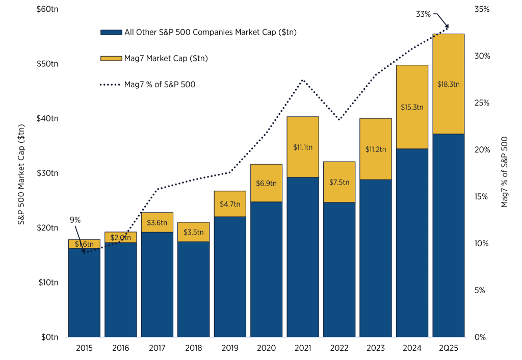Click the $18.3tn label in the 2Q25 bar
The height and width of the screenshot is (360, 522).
click(x=449, y=84)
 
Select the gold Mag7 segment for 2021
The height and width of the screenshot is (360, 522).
click(x=303, y=147)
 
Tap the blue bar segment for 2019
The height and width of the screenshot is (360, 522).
click(x=230, y=276)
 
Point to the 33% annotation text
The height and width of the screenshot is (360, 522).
click(x=423, y=14)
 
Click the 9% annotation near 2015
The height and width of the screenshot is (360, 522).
click(x=75, y=220)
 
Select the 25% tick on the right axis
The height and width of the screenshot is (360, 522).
click(x=482, y=103)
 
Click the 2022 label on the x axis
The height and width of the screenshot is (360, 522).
click(x=339, y=348)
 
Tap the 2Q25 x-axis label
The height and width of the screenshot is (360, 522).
click(x=449, y=348)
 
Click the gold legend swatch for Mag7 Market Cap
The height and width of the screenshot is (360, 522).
click(x=111, y=59)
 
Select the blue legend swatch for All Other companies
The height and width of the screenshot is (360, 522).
click(x=111, y=32)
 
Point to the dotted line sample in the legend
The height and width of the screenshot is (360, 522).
click(x=111, y=85)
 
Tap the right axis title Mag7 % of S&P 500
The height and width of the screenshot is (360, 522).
click(x=505, y=172)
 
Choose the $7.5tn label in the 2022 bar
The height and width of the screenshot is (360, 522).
click(x=339, y=183)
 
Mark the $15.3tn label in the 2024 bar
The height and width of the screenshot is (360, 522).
click(x=412, y=107)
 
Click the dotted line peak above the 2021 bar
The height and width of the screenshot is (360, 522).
click(x=303, y=80)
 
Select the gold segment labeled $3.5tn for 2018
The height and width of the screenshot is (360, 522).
click(x=194, y=232)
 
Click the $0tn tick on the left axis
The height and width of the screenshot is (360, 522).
click(x=49, y=337)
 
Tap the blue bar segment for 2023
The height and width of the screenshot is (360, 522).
click(x=376, y=258)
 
